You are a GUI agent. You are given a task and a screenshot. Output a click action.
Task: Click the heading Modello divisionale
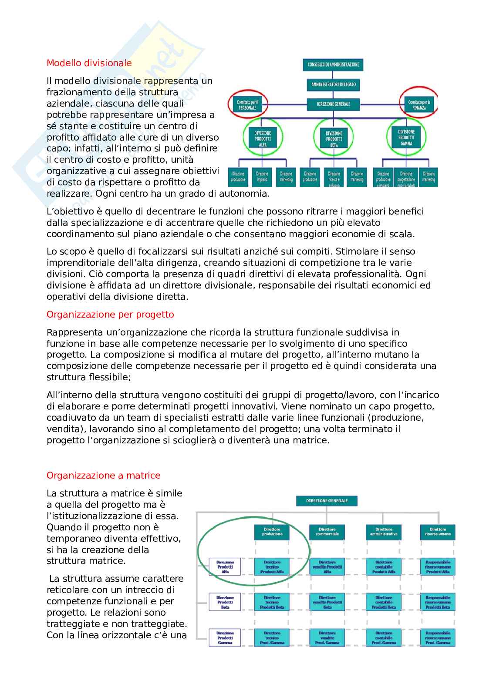89,63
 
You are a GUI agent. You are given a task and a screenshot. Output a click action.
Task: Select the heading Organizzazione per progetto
110,314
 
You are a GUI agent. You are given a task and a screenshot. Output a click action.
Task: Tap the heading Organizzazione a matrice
103,475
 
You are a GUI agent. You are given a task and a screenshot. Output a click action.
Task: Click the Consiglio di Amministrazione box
333,64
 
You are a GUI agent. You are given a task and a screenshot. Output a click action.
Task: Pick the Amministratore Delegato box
333,84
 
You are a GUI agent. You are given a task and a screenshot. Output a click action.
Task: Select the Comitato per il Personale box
246,104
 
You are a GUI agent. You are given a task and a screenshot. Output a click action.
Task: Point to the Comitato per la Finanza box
419,105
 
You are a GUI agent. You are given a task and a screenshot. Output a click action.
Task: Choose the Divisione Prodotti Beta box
334,138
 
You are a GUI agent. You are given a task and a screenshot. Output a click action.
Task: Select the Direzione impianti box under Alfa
262,177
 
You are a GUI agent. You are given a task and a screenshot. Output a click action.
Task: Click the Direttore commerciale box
327,532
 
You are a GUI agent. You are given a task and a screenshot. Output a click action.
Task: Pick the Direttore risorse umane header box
438,532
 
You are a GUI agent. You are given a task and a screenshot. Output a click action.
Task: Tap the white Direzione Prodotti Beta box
225,602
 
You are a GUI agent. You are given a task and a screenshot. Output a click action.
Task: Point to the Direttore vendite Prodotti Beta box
327,602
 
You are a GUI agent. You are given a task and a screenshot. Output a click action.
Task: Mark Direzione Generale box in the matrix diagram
327,501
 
